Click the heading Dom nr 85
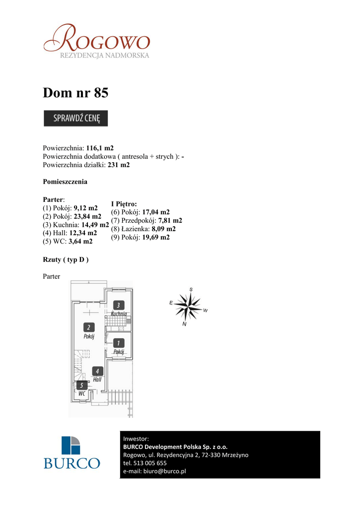(75, 92)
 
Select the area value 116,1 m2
(100, 148)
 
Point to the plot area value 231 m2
(119, 165)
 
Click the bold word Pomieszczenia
(65, 182)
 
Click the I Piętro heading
(124, 203)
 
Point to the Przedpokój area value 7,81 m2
(170, 220)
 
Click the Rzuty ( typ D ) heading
(66, 259)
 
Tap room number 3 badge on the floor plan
(118, 306)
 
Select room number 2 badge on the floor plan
(89, 327)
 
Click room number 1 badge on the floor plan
(118, 343)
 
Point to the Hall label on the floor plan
(97, 380)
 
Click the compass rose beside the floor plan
(188, 306)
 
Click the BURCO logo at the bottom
(72, 452)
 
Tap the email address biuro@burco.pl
(164, 471)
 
